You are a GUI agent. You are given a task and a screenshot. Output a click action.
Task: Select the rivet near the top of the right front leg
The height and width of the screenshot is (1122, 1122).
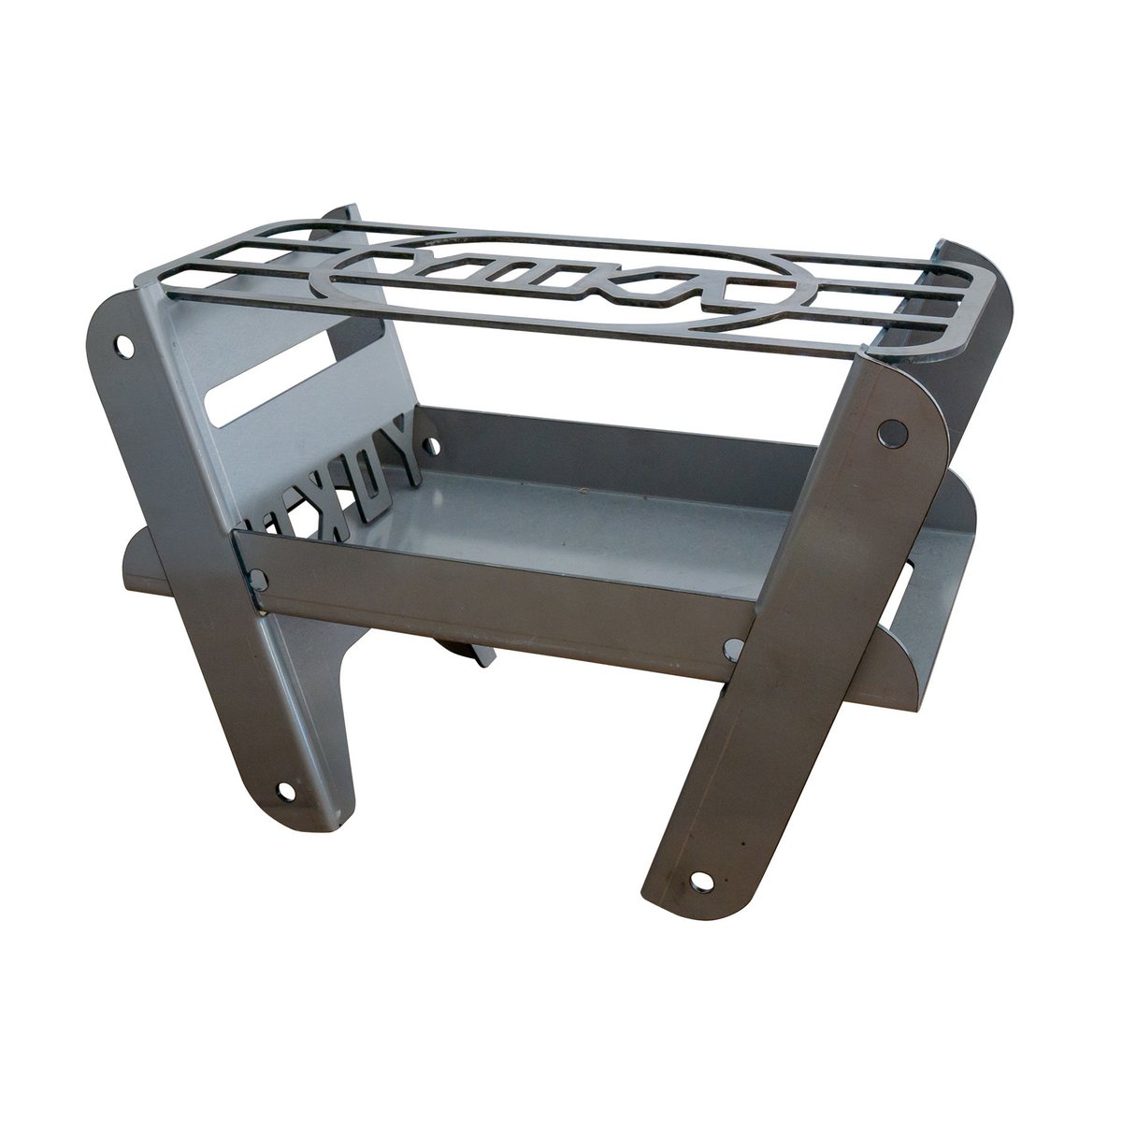pyautogui.click(x=895, y=432)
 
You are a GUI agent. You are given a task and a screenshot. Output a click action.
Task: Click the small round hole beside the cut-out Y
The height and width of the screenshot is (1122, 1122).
pyautogui.click(x=433, y=436)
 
